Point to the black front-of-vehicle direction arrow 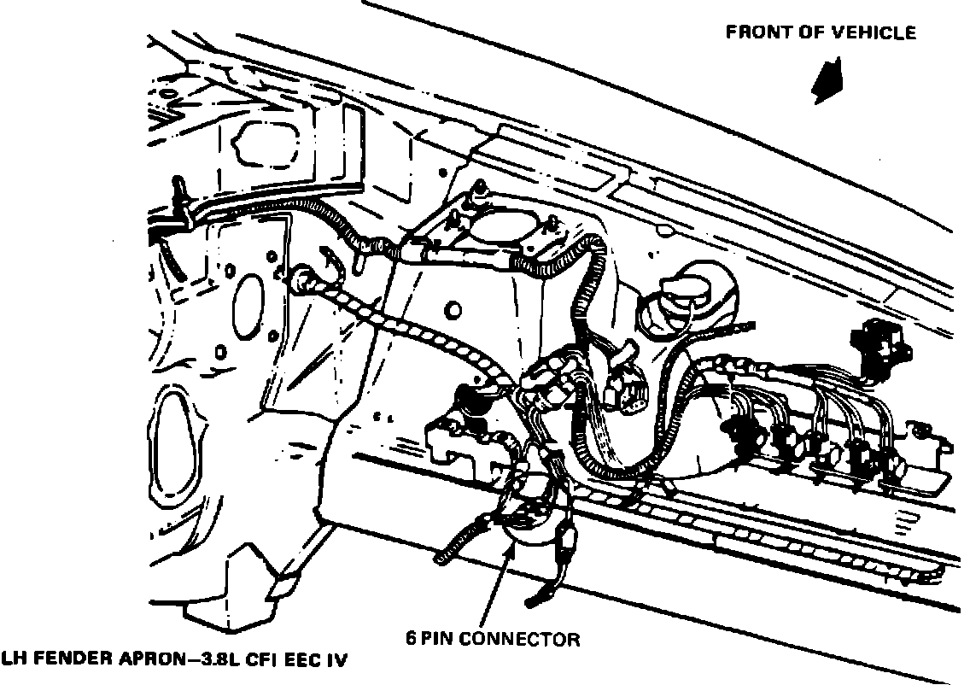pos(827,81)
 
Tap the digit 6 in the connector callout pos(410,639)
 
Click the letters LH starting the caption pos(13,660)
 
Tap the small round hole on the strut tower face pos(453,307)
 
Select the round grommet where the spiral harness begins pos(303,278)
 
